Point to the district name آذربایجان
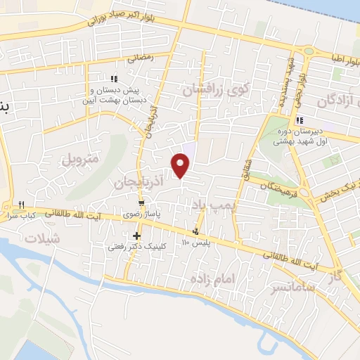[139, 183]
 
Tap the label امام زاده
[210, 279]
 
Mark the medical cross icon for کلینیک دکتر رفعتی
[136, 236]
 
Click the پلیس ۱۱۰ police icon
[195, 231]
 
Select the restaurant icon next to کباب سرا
[22, 205]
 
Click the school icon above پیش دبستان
[115, 79]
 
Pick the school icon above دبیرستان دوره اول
[300, 120]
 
